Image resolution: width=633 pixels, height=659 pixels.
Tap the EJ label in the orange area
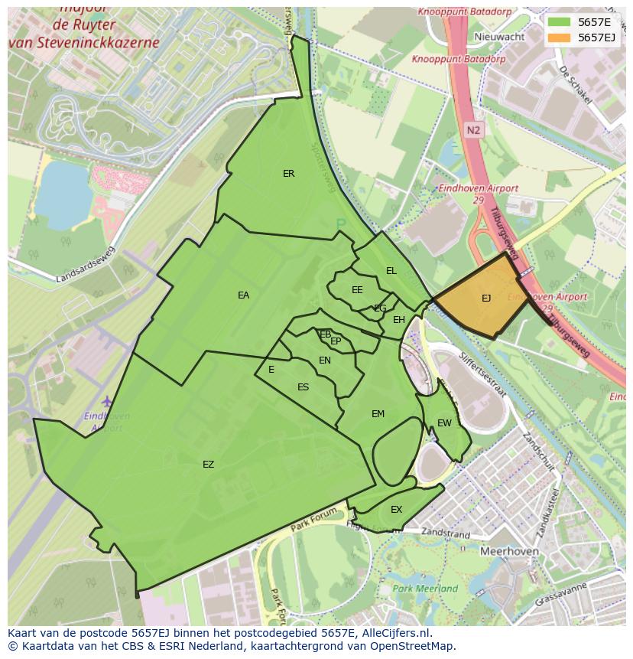pos(486,299)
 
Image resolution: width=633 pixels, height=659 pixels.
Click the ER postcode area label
pos(288,174)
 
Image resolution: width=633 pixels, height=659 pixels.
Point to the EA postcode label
pos(243,295)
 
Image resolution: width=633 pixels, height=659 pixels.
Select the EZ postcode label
pos(208,465)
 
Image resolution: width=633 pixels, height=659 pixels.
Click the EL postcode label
pos(391,271)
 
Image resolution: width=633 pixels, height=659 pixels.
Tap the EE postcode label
pos(357,290)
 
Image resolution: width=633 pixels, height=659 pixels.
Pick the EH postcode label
pos(398,320)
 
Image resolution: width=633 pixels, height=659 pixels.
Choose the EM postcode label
pos(378,414)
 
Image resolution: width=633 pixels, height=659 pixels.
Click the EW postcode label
pos(444,423)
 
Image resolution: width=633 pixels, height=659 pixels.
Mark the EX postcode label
pos(396,510)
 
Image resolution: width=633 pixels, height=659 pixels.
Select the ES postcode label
pos(303,387)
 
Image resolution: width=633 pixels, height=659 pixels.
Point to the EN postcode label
pos(325,360)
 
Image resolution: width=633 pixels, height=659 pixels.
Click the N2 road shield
pos(473,130)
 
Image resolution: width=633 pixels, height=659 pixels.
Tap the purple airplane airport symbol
pos(106,402)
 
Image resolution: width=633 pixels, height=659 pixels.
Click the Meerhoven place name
pos(509,551)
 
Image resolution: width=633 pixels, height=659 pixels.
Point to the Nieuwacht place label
pos(499,37)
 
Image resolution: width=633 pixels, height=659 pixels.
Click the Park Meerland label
pos(425,589)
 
